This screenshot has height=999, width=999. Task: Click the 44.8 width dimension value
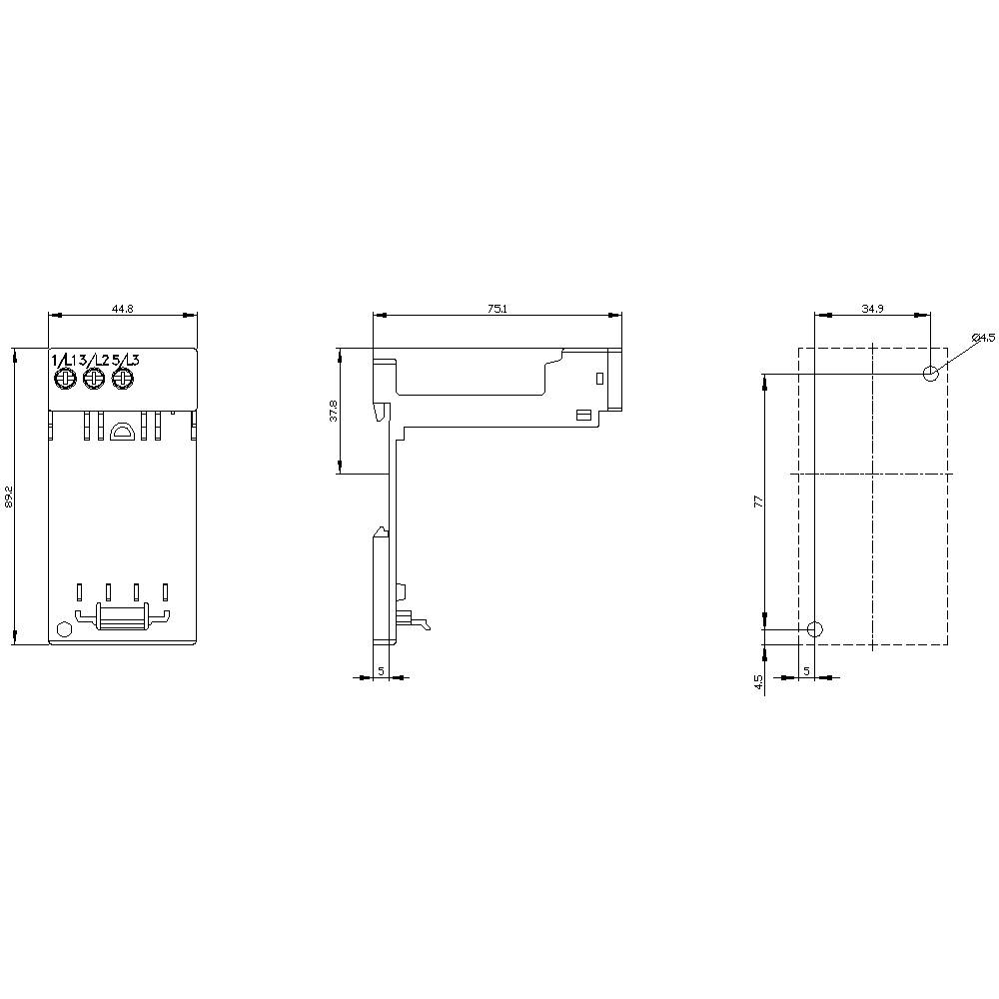click(x=122, y=310)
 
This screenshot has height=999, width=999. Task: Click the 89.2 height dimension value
click(x=9, y=497)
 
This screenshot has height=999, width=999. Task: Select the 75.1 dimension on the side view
click(x=497, y=310)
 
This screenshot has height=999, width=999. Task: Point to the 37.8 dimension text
click(x=334, y=411)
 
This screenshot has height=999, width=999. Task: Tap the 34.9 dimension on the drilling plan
click(x=872, y=310)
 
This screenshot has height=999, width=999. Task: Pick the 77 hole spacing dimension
click(x=757, y=500)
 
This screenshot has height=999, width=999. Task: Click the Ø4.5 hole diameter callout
click(x=983, y=338)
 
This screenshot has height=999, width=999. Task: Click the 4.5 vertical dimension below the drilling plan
click(x=758, y=682)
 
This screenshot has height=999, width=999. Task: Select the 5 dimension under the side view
click(x=381, y=671)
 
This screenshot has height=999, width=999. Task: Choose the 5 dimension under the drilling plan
click(x=806, y=671)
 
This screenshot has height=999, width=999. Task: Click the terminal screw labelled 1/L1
click(x=66, y=380)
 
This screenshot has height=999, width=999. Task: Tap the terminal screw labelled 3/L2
click(x=94, y=380)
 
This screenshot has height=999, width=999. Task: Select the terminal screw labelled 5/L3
click(x=123, y=380)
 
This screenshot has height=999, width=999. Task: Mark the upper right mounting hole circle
click(x=931, y=374)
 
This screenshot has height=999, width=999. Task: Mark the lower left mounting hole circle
click(x=815, y=629)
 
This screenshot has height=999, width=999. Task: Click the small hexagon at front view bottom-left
click(x=64, y=629)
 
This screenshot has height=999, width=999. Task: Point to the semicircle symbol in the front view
click(x=123, y=432)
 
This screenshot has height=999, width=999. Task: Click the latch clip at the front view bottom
click(x=122, y=619)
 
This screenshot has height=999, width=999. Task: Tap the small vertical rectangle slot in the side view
click(x=597, y=379)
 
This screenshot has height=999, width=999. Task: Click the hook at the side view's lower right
click(x=424, y=624)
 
